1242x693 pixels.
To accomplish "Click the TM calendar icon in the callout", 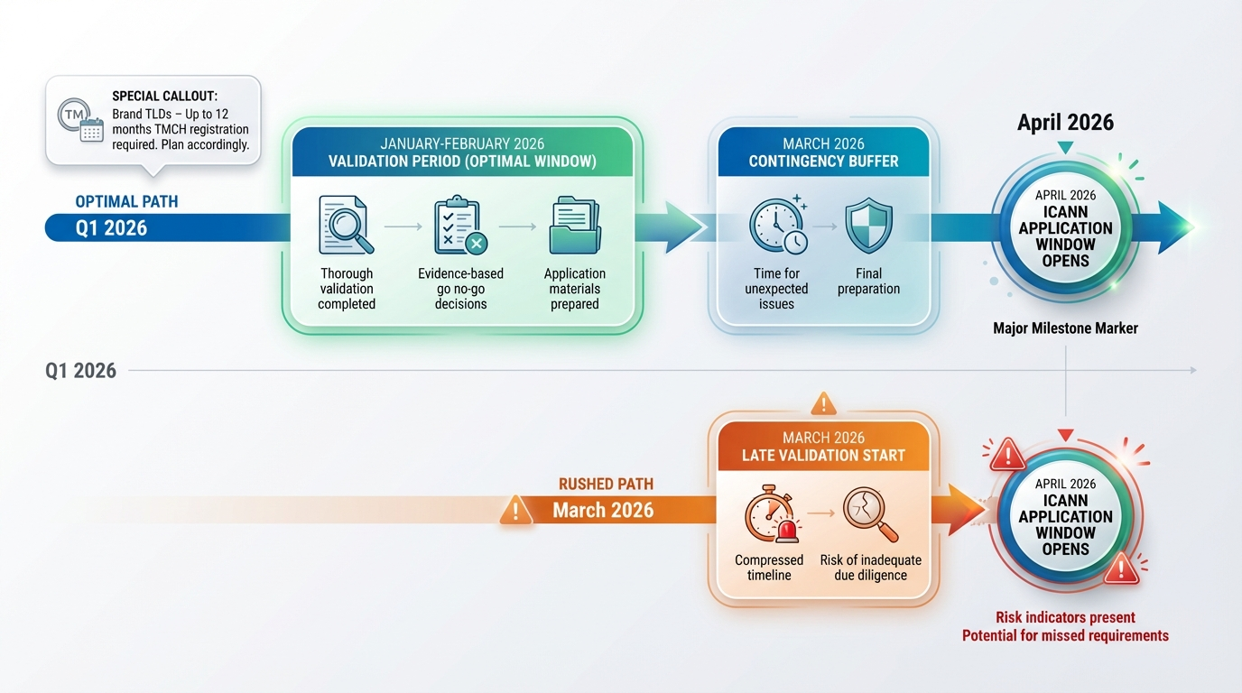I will coord(79,120).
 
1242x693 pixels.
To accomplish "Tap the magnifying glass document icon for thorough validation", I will coord(346,226).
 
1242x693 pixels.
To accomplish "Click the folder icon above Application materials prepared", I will coord(574,226).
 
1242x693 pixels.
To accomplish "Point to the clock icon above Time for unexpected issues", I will coord(777,226).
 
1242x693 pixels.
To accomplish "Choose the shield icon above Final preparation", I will coord(868,226).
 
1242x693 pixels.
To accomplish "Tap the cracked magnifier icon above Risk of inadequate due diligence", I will coord(870,514).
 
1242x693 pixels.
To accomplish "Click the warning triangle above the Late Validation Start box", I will coord(824,402).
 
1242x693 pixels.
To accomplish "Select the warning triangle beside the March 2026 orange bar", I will coord(515,511).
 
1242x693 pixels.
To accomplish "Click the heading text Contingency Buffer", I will coord(823,162).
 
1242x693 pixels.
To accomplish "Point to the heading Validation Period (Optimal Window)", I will coord(462,162).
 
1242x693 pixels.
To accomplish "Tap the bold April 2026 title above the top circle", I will coord(1065,123).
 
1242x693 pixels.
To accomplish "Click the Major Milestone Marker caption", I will coord(1065,328).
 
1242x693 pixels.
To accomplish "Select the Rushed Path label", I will coord(606,485).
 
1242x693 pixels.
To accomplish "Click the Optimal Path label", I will coord(126,201).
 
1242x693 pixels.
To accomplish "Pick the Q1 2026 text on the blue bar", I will coord(111,228).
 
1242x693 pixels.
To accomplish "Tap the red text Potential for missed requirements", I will coord(1065,636).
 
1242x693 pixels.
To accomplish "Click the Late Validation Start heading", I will coord(823,456).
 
